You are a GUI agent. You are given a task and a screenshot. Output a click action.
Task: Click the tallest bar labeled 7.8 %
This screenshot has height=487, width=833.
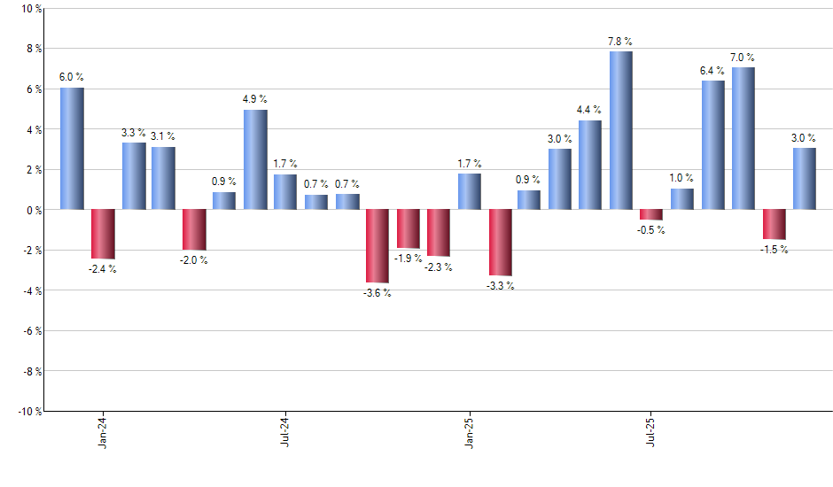coord(621,130)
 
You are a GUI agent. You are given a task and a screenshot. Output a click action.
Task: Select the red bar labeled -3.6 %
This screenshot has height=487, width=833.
coord(378,246)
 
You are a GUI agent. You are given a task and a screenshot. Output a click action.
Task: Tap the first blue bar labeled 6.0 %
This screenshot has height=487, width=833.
coord(72,149)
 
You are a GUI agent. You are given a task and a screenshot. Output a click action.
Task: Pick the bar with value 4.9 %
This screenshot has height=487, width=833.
coord(255,159)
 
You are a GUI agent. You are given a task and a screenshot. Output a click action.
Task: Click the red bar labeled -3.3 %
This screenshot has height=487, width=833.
coord(501,243)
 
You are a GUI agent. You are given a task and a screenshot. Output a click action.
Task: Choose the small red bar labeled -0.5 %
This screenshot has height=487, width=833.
coord(651,214)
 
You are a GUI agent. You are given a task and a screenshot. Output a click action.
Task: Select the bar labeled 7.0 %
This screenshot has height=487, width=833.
coord(743,138)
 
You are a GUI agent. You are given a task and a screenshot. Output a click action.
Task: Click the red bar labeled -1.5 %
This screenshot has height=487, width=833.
coord(775,225)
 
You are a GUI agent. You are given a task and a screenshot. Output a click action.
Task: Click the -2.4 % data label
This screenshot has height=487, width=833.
coord(103,268)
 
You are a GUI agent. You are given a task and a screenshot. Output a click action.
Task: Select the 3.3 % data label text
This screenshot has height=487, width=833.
coord(134,133)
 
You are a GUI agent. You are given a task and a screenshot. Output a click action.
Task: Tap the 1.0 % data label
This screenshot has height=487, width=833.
coord(682,178)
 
